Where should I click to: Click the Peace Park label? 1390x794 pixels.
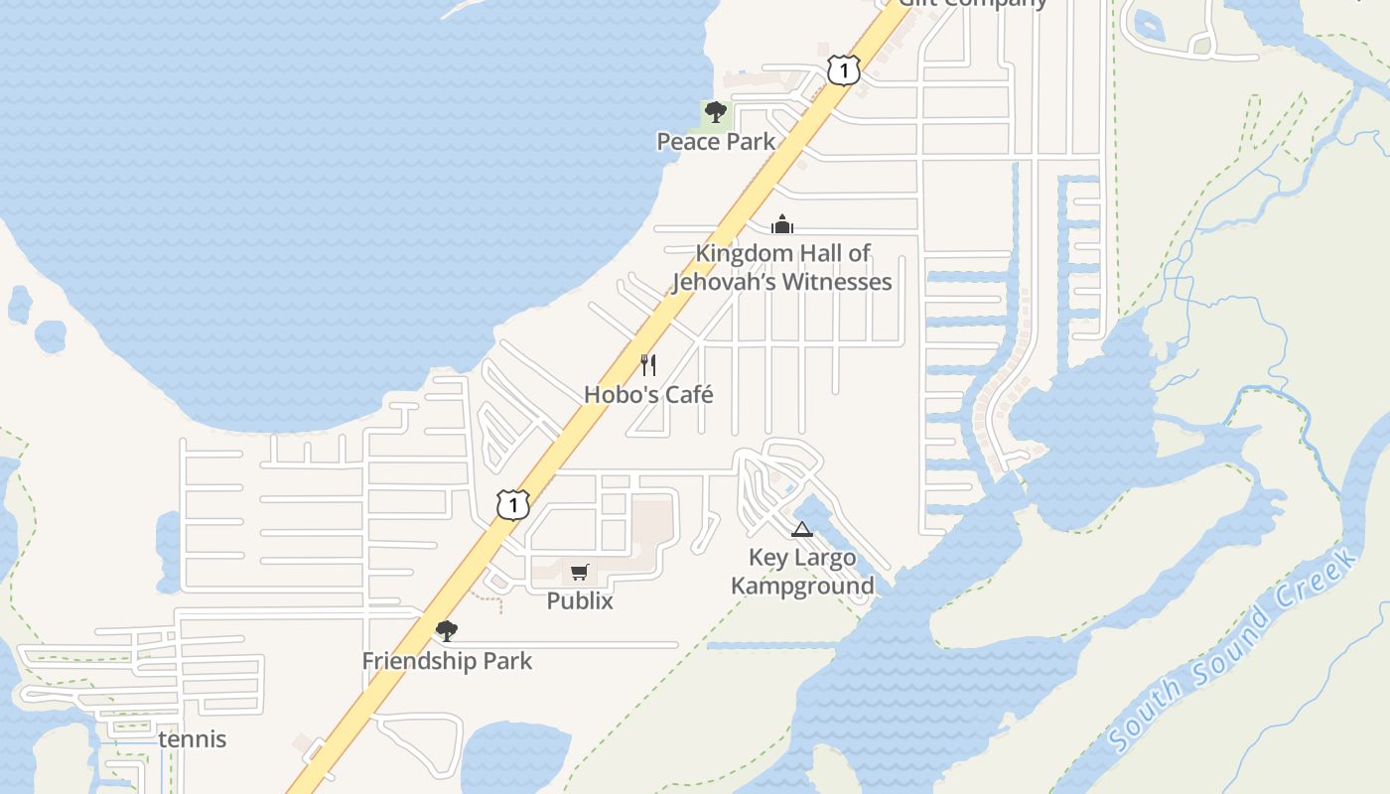(x=716, y=142)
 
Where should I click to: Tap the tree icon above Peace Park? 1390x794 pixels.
(x=715, y=112)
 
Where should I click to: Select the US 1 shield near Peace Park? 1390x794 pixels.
(x=843, y=70)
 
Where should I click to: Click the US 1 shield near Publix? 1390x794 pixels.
(x=512, y=505)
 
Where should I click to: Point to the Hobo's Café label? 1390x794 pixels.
(x=648, y=394)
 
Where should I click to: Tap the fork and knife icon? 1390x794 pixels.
(x=648, y=365)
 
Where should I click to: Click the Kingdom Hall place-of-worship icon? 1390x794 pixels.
(x=782, y=224)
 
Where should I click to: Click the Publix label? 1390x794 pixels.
(x=580, y=600)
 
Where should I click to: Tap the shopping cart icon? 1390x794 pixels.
(x=580, y=572)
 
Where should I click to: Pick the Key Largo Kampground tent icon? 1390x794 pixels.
(x=802, y=529)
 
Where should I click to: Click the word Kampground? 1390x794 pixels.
(x=802, y=586)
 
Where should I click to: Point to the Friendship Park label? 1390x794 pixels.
(x=447, y=661)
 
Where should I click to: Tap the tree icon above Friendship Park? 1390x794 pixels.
(x=447, y=630)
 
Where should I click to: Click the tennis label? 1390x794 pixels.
(x=193, y=739)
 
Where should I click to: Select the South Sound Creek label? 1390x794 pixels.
(x=1233, y=651)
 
